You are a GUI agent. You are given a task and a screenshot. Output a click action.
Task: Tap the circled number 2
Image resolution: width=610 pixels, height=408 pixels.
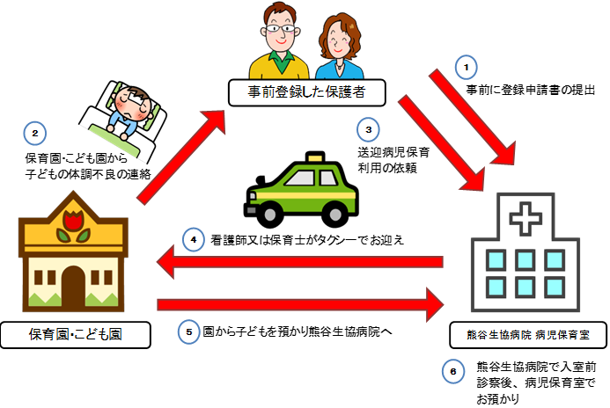[x=34, y=135]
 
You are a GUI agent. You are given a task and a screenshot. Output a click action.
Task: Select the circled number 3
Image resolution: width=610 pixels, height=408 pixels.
[x=370, y=130]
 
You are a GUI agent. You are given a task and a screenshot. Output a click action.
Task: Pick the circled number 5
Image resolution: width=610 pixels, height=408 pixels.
[x=189, y=331]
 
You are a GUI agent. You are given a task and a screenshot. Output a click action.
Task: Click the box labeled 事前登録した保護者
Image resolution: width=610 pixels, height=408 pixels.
[x=295, y=91]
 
